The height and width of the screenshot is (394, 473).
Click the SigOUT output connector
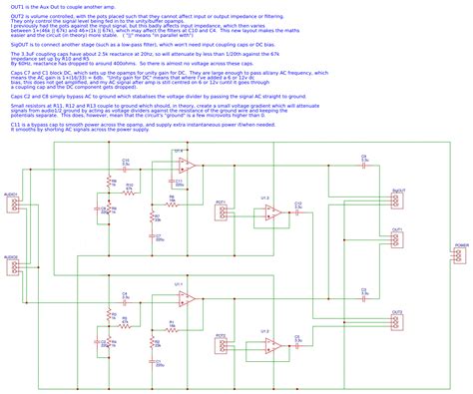coord(397,198)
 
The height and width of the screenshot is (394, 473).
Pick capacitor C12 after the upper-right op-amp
coord(298,209)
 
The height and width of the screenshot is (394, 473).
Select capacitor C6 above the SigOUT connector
coord(364,165)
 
